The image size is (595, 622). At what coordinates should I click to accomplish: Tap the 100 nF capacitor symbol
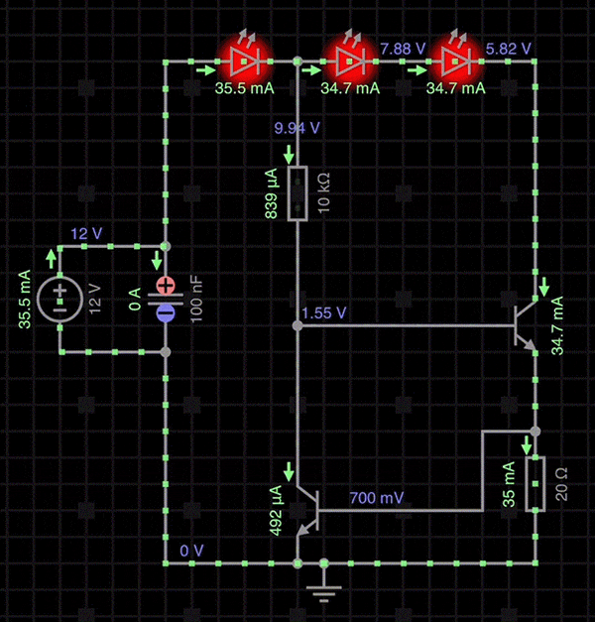[166, 298]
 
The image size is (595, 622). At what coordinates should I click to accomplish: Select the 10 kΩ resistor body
[297, 193]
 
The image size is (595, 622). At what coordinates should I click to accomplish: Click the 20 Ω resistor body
[535, 484]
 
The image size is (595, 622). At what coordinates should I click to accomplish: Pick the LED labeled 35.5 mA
[242, 62]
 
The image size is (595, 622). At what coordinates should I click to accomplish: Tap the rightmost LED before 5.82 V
[456, 62]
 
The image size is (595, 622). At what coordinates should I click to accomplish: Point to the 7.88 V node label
[403, 48]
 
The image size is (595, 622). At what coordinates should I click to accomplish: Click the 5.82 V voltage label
[509, 48]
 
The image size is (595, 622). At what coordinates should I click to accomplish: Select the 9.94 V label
[297, 128]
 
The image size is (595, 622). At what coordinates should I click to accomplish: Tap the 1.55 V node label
[323, 311]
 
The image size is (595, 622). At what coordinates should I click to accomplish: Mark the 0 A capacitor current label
[136, 298]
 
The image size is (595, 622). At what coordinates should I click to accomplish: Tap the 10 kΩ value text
[324, 193]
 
